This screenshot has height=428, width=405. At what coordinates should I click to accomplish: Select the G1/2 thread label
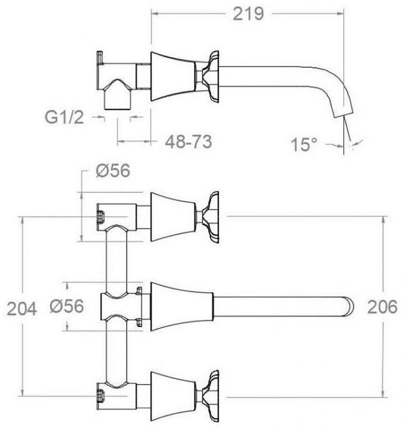point(65,118)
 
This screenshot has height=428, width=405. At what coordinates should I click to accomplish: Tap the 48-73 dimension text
point(187,142)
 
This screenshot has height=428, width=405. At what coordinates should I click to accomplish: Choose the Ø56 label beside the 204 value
point(66,306)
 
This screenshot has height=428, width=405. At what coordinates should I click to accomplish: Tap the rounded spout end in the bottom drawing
point(349,306)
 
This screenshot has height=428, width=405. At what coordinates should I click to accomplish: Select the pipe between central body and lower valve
point(117,351)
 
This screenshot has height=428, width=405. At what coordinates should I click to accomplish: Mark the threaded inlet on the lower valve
point(100,393)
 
